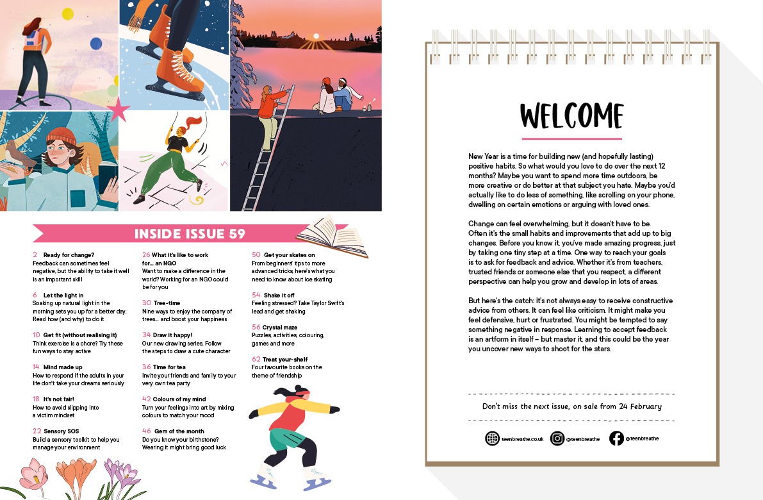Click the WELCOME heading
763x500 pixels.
tap(571, 116)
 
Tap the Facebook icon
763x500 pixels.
tap(616, 438)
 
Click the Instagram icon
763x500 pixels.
tap(557, 438)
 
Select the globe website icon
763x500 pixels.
tap(492, 438)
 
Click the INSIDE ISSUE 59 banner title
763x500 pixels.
tap(190, 233)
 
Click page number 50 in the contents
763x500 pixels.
tap(256, 255)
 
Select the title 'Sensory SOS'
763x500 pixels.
tap(61, 431)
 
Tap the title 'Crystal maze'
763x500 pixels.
tap(280, 327)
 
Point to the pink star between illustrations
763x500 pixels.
tap(119, 110)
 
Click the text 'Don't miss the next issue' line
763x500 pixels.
tap(571, 406)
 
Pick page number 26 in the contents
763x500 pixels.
tap(146, 255)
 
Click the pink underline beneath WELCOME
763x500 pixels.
tap(571, 138)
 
